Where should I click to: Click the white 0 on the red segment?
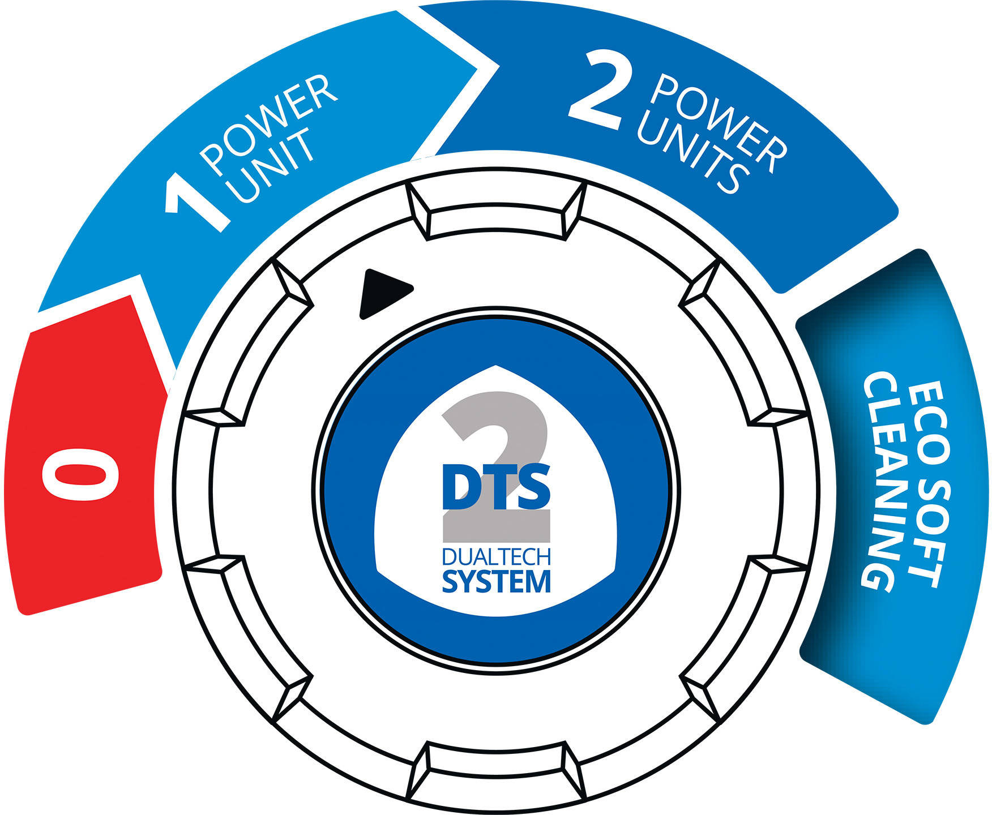pyautogui.click(x=80, y=474)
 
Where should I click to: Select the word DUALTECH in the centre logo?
pyautogui.click(x=497, y=557)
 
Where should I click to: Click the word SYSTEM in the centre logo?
pyautogui.click(x=497, y=582)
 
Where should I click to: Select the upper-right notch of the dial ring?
pyautogui.click(x=700, y=282)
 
